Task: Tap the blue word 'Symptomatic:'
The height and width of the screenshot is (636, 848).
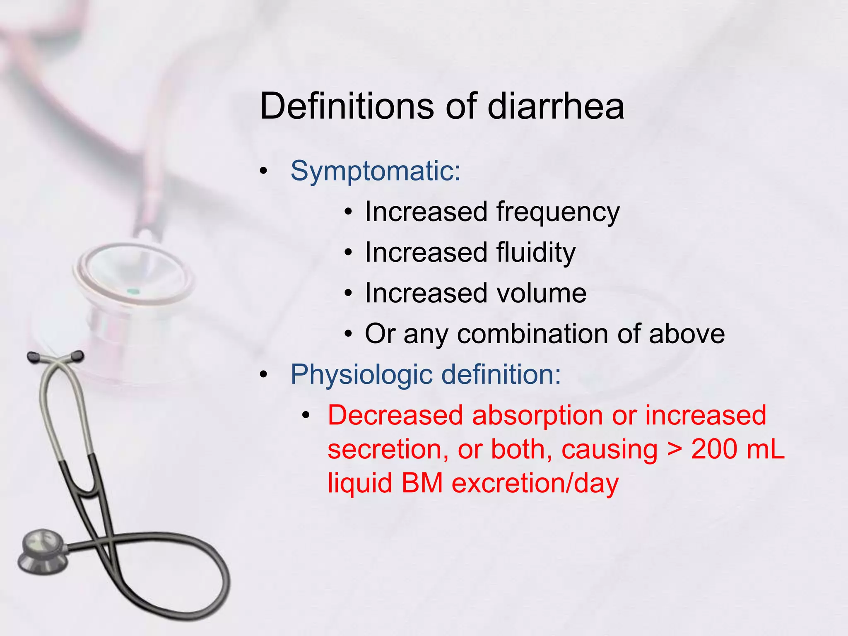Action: pyautogui.click(x=375, y=171)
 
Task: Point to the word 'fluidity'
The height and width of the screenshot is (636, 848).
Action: pyautogui.click(x=536, y=253)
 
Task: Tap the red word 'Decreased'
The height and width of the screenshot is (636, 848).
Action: pyautogui.click(x=395, y=415)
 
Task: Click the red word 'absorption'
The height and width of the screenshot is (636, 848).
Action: pyautogui.click(x=537, y=415)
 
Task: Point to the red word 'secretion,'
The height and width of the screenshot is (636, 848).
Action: pyautogui.click(x=388, y=449)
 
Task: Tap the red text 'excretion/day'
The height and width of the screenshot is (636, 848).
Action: pyautogui.click(x=535, y=483)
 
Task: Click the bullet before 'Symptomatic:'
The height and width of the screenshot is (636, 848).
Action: pyautogui.click(x=264, y=171)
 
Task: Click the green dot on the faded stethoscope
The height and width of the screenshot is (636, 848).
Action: pyautogui.click(x=133, y=291)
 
